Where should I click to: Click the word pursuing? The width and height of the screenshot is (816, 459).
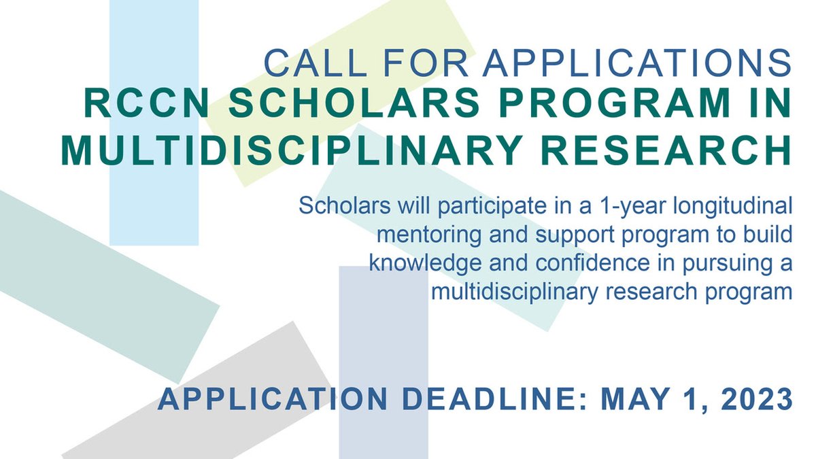coord(725,263)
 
